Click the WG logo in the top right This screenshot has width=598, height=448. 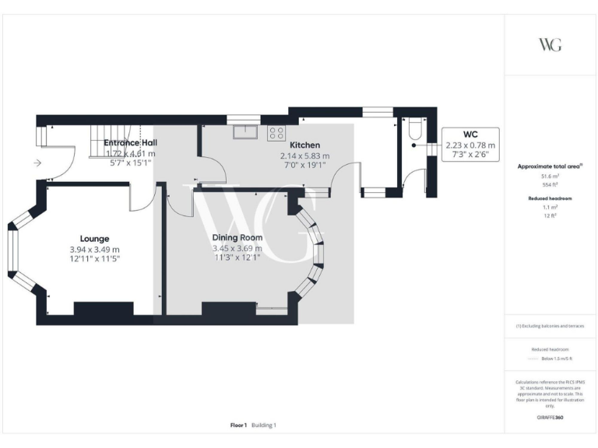(550, 44)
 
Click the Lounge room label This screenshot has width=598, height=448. (94, 239)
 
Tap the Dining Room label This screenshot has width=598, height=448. (237, 238)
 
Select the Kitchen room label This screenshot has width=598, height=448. (305, 145)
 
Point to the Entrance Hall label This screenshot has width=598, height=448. (130, 143)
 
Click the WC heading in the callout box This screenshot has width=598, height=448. (470, 135)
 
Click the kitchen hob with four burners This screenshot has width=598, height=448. (276, 132)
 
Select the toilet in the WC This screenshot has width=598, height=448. (414, 130)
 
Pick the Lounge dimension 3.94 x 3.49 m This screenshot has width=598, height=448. (94, 249)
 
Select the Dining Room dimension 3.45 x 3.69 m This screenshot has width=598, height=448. (237, 249)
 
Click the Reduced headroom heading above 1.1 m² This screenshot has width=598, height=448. (550, 199)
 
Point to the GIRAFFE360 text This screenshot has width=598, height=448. (550, 418)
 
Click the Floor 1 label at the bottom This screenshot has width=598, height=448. (238, 425)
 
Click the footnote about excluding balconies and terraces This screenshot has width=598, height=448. (550, 326)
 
